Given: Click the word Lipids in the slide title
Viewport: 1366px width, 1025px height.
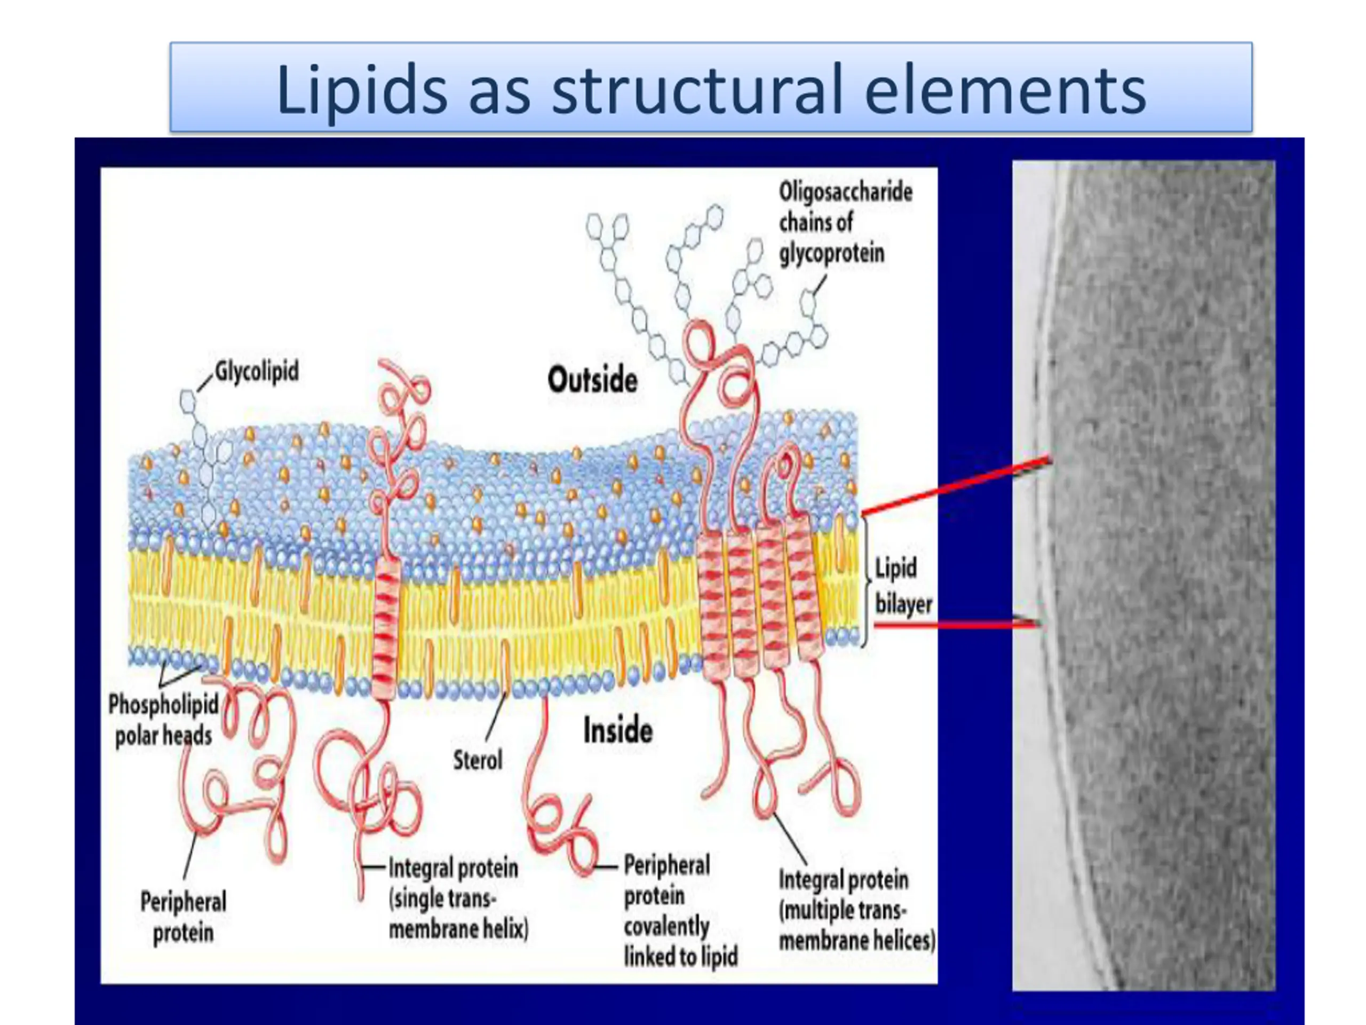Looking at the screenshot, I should tap(361, 91).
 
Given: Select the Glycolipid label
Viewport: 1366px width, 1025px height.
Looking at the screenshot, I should tap(256, 372).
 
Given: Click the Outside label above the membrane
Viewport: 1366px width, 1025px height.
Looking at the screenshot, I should tap(592, 380).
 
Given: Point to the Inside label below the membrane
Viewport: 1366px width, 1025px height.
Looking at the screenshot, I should tap(617, 731).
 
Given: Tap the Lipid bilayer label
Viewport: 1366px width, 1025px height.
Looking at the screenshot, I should tap(902, 586).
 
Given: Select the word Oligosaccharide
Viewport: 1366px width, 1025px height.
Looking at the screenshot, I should tap(845, 192).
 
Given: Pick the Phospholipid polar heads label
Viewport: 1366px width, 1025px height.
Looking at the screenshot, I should tap(164, 720).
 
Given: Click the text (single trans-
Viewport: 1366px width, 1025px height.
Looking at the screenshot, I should tap(442, 899).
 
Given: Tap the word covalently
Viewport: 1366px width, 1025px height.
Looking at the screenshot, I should tap(666, 926).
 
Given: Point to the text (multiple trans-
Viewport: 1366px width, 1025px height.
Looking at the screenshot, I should tap(843, 911).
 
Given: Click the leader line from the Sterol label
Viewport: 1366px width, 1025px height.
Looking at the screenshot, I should tap(495, 716).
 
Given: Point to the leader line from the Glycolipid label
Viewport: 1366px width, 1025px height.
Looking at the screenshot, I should tap(204, 383).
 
